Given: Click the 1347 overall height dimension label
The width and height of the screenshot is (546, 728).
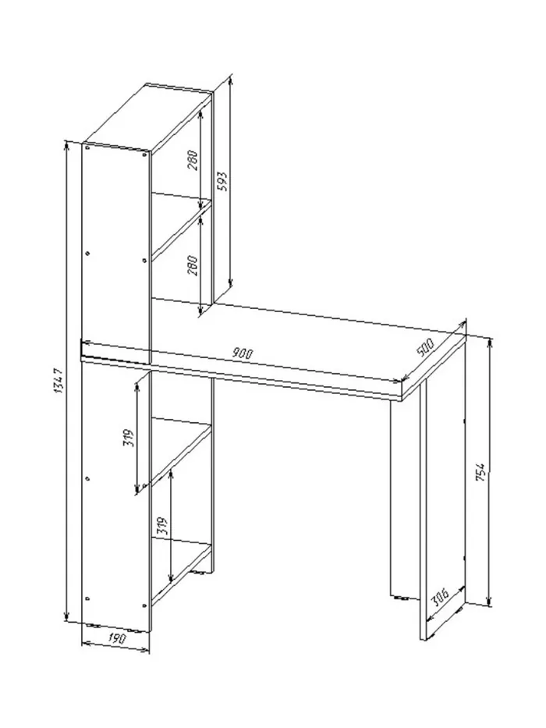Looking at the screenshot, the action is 59,382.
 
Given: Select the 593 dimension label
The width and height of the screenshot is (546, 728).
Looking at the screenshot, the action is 222,182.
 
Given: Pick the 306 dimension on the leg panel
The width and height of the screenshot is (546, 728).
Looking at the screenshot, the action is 439,598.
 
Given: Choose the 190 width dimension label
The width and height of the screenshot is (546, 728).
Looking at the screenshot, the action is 117,638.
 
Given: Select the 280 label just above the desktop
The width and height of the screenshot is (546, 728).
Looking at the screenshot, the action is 193,266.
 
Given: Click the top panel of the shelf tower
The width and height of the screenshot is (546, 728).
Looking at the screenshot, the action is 147,117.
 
